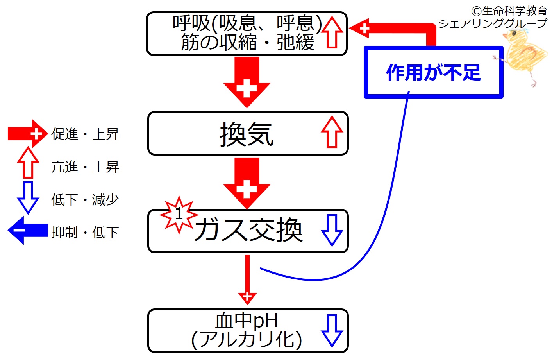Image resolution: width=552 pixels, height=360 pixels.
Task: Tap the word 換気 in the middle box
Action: pyautogui.click(x=247, y=134)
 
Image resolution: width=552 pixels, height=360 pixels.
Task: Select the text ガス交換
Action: pyautogui.click(x=248, y=230)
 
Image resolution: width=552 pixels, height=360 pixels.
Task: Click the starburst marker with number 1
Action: pyautogui.click(x=179, y=214)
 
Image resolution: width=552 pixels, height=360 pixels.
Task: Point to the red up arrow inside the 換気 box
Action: pyautogui.click(x=332, y=132)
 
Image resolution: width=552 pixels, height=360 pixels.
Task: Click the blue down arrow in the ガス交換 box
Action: pyautogui.click(x=332, y=230)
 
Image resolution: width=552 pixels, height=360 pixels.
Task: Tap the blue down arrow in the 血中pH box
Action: pyautogui.click(x=332, y=331)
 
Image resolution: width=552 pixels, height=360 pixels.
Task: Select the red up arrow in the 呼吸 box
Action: pyautogui.click(x=332, y=32)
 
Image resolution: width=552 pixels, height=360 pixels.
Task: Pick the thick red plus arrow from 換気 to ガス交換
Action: pyautogui.click(x=247, y=183)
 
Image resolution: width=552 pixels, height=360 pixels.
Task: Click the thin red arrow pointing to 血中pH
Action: pyautogui.click(x=247, y=279)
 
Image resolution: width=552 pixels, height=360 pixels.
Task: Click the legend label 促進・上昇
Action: pyautogui.click(x=85, y=134)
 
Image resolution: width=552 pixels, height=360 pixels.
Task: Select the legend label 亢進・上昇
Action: pyautogui.click(x=85, y=167)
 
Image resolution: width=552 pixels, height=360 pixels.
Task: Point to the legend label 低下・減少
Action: pyautogui.click(x=85, y=200)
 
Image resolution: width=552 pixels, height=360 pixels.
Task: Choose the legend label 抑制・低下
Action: pyautogui.click(x=85, y=232)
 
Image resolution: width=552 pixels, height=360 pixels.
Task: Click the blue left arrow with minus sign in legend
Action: pyautogui.click(x=28, y=230)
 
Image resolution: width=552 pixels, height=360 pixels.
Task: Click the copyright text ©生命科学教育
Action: pyautogui.click(x=509, y=11)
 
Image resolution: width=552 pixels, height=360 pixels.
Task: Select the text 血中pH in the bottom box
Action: pyautogui.click(x=247, y=321)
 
